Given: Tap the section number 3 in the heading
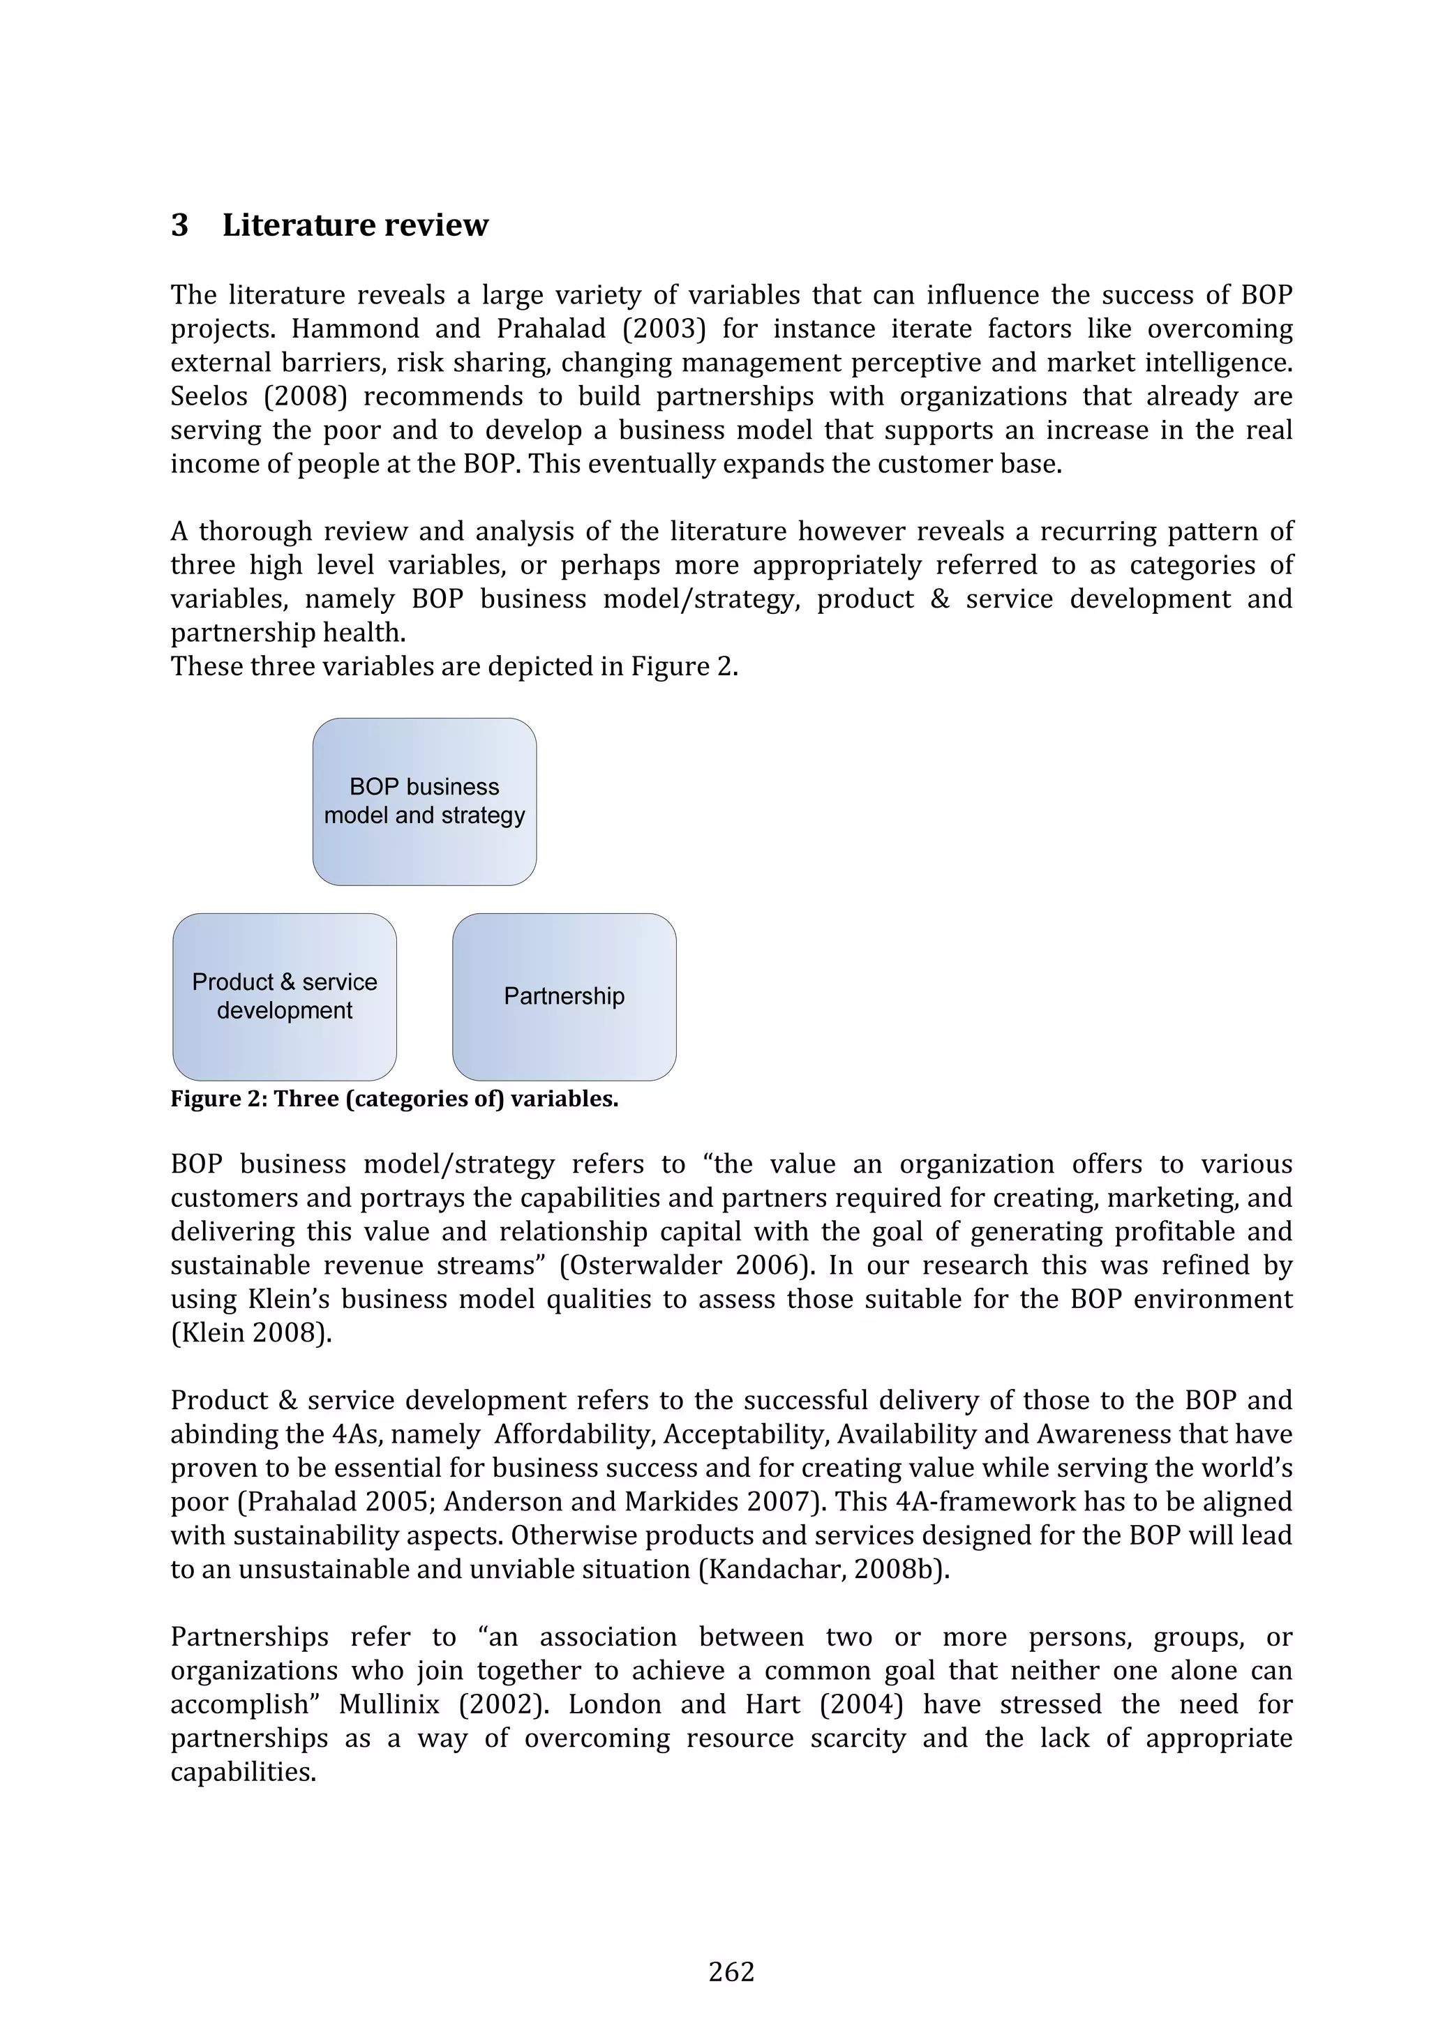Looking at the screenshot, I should coord(179,225).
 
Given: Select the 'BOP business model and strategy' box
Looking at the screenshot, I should coord(424,801).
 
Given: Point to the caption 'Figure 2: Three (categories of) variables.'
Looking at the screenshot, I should coord(394,1099).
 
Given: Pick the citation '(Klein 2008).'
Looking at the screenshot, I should coord(251,1334).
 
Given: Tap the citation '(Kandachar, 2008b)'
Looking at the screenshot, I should coord(823,1570).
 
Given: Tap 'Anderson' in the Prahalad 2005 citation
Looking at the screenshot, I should coord(495,1503).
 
